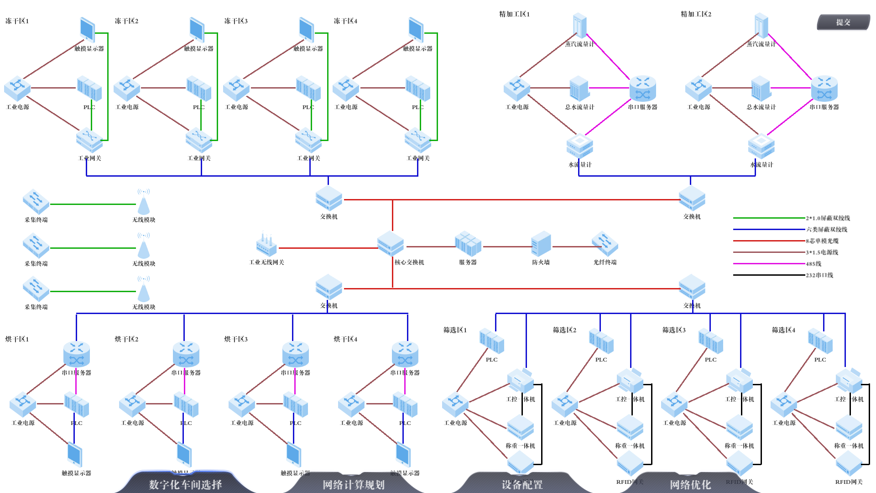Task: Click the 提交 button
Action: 843,22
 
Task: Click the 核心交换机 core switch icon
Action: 391,243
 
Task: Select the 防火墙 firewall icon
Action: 541,244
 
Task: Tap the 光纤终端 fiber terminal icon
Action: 605,243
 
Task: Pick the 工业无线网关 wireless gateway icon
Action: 266,245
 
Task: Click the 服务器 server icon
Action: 468,243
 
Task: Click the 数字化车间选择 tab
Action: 185,484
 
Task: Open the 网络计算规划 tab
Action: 354,484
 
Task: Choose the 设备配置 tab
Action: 522,484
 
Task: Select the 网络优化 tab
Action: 690,484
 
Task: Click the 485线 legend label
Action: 813,264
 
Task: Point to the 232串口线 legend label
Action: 819,275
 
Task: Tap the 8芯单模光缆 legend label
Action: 822,241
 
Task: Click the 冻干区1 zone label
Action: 17,21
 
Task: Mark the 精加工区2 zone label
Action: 696,14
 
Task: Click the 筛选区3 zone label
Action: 674,330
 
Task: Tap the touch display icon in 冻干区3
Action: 307,30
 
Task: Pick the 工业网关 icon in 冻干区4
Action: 418,140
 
